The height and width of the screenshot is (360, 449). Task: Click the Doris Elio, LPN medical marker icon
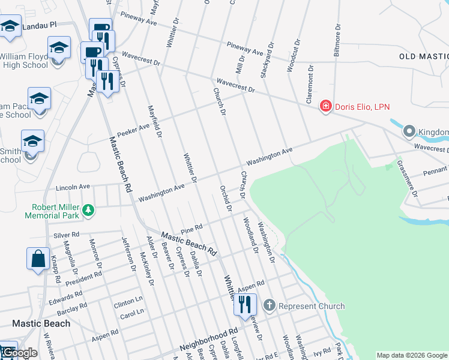coord(325,106)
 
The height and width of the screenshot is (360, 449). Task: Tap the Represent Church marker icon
coord(269,305)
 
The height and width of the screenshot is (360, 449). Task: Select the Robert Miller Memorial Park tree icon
coord(88,209)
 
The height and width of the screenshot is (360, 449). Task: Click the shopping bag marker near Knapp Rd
coord(38,259)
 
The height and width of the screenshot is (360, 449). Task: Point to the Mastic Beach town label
coord(41,323)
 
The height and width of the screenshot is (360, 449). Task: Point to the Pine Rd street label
coord(191,229)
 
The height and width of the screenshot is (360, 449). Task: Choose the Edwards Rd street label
coord(65,296)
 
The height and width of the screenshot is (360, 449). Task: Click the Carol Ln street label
coord(131,313)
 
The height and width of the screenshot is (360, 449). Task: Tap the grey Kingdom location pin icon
coord(409,131)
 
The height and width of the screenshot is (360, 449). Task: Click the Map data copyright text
coord(412,355)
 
